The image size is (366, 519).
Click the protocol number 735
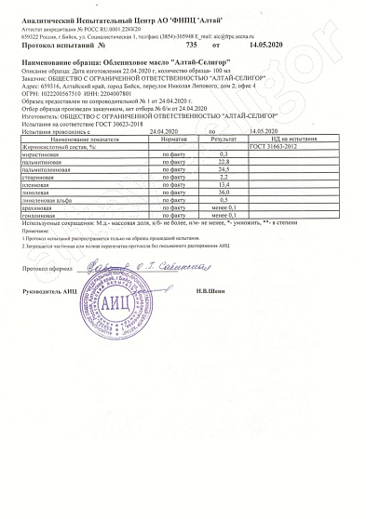point(193,44)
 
